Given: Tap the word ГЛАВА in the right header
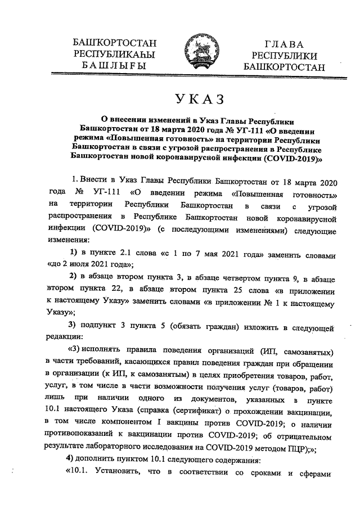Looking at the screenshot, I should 284,44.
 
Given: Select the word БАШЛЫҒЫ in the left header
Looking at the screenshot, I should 114,65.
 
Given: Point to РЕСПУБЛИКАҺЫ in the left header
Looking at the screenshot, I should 115,54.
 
